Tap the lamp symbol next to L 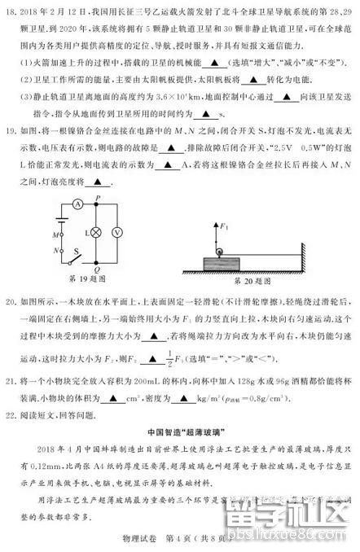pos(94,231)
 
